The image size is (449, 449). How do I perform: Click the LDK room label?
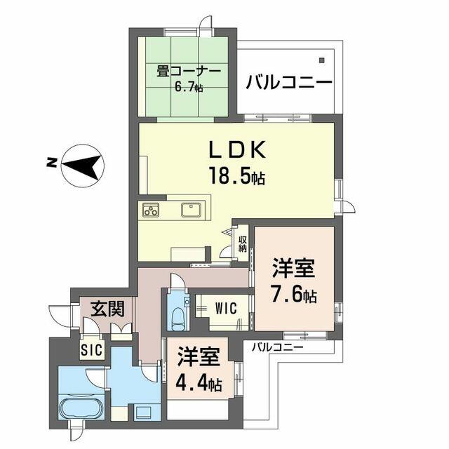click(x=235, y=151)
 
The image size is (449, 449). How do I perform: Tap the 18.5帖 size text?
click(x=235, y=176)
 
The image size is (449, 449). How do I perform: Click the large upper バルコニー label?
click(x=288, y=81)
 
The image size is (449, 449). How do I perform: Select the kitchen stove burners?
click(x=152, y=209)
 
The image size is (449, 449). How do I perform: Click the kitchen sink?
click(x=191, y=209)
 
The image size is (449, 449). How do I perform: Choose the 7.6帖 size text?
click(x=294, y=295)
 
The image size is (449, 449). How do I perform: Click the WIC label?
click(x=226, y=307)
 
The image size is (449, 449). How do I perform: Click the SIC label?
click(x=91, y=349)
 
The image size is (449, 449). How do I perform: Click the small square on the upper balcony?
click(x=322, y=60)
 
